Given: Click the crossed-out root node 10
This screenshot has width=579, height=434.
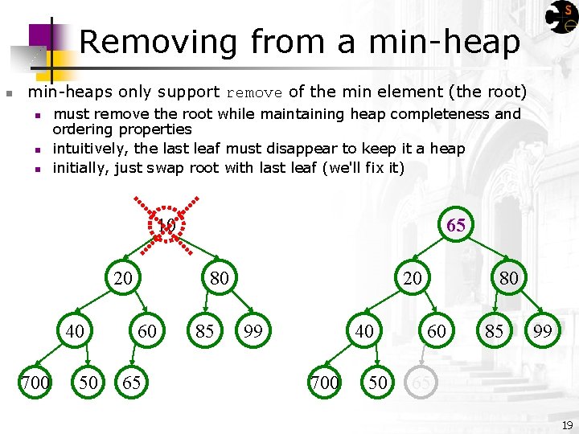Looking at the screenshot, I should coord(166,225).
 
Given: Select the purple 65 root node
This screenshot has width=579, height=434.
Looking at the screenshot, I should coord(456,225).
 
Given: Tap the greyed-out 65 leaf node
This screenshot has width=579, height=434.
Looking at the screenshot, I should coord(421,383).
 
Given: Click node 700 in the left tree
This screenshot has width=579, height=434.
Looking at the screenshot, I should coord(35,383).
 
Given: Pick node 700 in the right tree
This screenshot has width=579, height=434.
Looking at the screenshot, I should coord(324,383).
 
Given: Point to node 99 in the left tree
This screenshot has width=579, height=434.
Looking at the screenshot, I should coord(253,330).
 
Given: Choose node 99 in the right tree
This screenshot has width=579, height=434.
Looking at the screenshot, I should coord(542,330).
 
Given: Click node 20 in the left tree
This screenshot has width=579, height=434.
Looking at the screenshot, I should coord(123,278).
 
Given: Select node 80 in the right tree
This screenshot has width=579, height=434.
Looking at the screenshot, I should coord(509,278).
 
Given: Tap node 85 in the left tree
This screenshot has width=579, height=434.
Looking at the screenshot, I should coord(205,330).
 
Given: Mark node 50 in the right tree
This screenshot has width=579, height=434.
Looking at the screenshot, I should coord(378,383).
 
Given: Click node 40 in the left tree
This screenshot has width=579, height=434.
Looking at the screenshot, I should coord(75,330).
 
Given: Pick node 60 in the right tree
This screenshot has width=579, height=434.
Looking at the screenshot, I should coord(437,330).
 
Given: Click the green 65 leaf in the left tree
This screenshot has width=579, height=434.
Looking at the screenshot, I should coord(131,383).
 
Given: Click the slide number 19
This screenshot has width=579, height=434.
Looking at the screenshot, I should coord(567,424).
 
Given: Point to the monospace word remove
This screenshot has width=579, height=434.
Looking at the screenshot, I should coord(254,92).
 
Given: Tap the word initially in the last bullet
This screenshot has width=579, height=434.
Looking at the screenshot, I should coord(80,168).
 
